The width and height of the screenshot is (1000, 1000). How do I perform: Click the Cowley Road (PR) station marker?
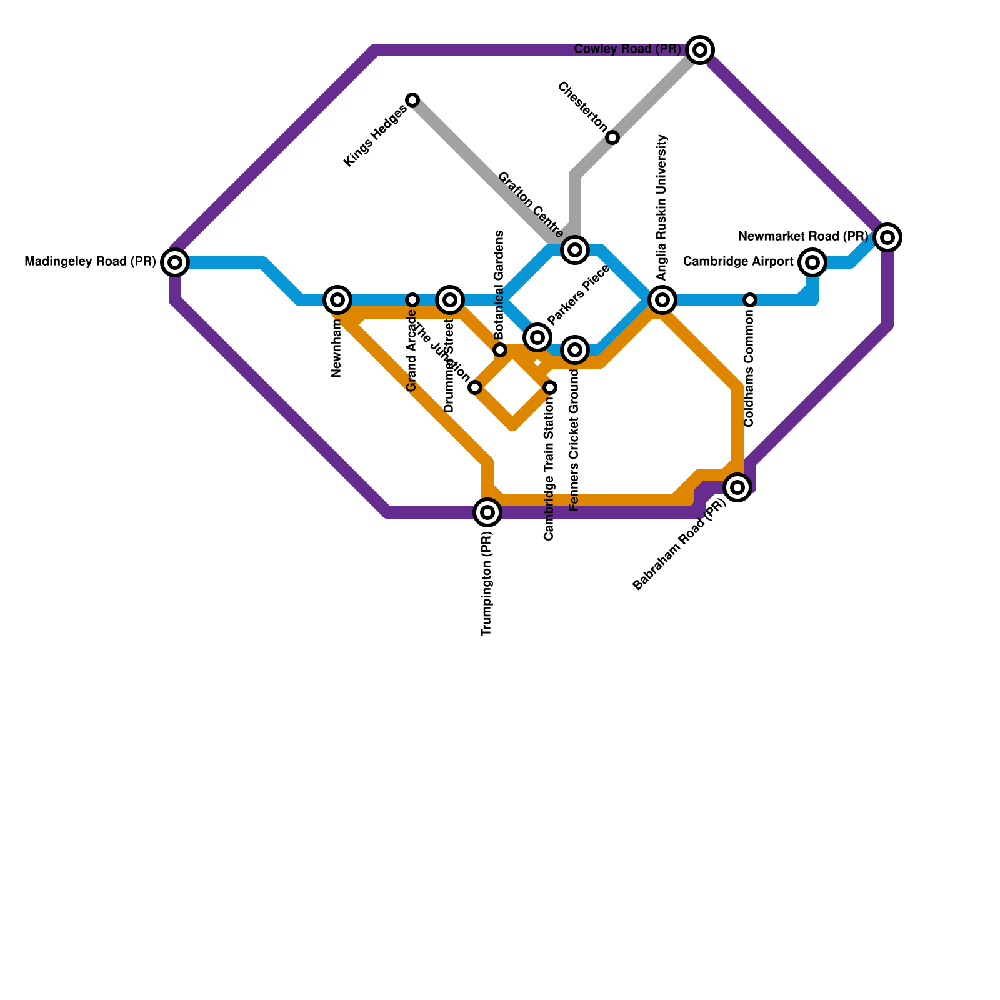700,50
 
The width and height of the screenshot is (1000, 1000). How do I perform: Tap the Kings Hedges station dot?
412,100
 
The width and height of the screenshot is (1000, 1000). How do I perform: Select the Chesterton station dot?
612,137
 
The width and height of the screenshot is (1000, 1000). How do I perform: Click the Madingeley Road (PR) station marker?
175,262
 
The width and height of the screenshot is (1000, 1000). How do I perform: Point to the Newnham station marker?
337,300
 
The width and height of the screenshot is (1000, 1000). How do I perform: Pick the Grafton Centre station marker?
575,250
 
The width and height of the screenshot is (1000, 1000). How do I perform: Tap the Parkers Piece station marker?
537,337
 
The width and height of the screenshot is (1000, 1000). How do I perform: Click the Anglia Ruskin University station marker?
662,300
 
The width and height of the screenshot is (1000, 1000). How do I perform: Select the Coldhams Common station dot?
750,300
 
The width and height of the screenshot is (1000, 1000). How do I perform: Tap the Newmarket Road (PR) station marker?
887,237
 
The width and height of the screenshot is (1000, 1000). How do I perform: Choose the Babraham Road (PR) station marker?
737,487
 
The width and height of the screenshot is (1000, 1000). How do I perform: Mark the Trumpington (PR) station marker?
487,512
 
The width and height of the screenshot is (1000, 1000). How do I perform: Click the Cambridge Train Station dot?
550,387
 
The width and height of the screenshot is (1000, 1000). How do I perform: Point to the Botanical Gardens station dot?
500,350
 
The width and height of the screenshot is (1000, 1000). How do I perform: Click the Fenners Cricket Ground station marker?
575,350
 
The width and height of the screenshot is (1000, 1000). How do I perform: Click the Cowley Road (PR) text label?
627,49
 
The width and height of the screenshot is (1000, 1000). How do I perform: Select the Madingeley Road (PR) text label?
90,262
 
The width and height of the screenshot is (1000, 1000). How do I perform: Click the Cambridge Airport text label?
738,262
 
